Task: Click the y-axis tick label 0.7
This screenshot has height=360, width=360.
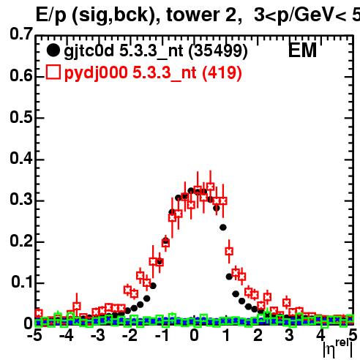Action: [x=21, y=34]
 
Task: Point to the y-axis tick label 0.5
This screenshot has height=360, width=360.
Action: [x=21, y=117]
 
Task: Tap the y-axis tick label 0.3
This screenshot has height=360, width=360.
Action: [x=21, y=199]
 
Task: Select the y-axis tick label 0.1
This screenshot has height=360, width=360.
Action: [x=22, y=282]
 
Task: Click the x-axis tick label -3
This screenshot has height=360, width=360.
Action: [x=97, y=335]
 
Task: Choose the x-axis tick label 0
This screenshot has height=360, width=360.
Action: [x=194, y=335]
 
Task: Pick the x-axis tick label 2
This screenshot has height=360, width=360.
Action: [x=258, y=335]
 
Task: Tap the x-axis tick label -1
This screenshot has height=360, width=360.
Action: [x=162, y=335]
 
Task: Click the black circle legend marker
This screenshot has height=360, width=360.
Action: [x=53, y=50]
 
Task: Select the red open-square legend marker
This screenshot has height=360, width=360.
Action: [x=53, y=72]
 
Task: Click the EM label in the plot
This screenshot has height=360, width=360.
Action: [x=302, y=50]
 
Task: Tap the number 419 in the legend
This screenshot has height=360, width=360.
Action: [x=222, y=72]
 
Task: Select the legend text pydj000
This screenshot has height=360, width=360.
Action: [x=96, y=73]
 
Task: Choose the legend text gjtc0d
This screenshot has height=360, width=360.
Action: [x=89, y=52]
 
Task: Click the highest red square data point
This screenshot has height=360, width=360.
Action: [x=211, y=187]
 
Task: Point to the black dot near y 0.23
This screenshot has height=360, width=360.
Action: [x=223, y=228]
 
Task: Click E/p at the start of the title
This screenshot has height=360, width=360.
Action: [x=51, y=16]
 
